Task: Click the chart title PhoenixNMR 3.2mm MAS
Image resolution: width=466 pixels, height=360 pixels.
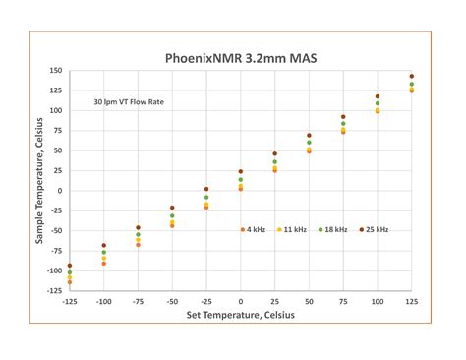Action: click(x=240, y=57)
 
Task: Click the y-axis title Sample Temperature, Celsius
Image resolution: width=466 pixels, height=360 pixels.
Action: click(x=40, y=180)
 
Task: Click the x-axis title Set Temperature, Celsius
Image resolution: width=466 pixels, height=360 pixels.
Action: click(x=240, y=316)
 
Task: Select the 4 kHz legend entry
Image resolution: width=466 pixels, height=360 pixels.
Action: click(x=255, y=229)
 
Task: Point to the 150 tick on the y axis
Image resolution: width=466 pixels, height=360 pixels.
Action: click(x=55, y=71)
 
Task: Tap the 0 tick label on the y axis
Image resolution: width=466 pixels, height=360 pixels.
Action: click(x=60, y=191)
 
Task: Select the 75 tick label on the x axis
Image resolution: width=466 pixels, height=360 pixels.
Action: click(x=343, y=301)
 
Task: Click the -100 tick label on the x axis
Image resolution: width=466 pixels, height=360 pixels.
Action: click(x=103, y=301)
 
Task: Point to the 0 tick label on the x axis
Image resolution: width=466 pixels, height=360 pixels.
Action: click(x=241, y=301)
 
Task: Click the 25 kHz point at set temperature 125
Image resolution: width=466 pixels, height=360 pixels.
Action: click(x=412, y=76)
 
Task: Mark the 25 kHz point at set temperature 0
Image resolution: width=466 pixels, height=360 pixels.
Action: click(x=241, y=171)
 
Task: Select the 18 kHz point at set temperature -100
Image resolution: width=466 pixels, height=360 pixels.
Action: click(x=104, y=253)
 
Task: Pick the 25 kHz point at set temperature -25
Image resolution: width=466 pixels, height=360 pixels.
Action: click(x=206, y=189)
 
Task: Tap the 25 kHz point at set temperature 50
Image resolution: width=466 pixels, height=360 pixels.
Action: click(x=309, y=136)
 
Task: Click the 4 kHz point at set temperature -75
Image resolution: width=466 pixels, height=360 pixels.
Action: click(x=138, y=244)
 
